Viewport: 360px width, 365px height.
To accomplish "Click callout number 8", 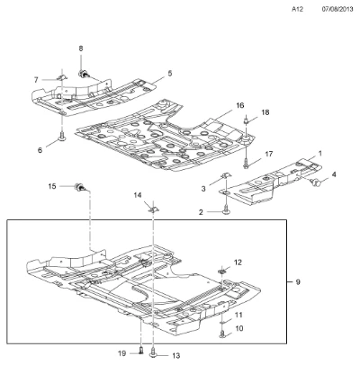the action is pos(81,49).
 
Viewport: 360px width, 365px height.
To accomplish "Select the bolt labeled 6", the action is pos(63,137).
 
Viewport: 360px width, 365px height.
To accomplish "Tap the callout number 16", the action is pos(240,105).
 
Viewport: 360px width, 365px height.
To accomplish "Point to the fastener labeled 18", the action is pos(247,120).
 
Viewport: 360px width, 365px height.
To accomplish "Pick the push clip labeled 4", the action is pos(316,181).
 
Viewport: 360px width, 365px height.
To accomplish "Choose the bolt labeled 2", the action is pos(225,210).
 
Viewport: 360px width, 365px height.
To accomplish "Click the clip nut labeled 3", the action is pos(225,174).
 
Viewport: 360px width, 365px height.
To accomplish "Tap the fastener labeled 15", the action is pos(80,187).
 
